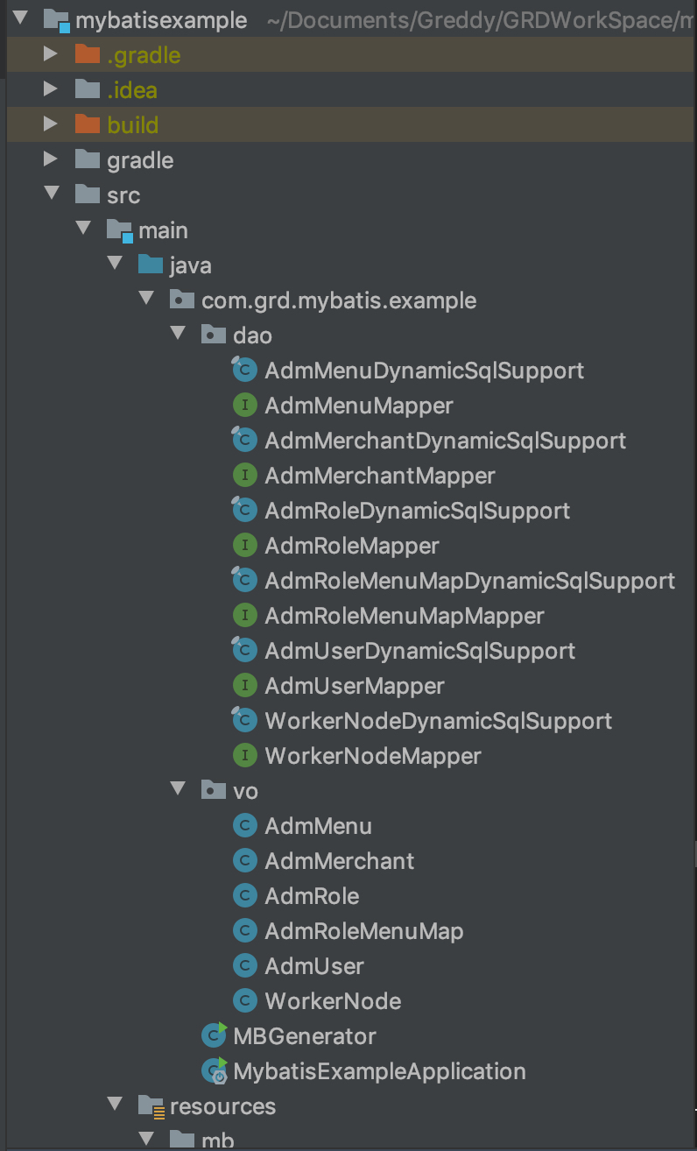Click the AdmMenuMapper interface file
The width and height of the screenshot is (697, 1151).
pyautogui.click(x=359, y=406)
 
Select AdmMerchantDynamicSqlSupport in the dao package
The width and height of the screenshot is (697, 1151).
pyautogui.click(x=445, y=441)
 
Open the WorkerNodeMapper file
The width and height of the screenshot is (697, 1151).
pyautogui.click(x=373, y=756)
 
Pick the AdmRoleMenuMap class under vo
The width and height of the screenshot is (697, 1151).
pyautogui.click(x=363, y=931)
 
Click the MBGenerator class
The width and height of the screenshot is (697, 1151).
pyautogui.click(x=304, y=1036)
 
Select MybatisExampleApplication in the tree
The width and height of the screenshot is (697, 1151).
pyautogui.click(x=379, y=1071)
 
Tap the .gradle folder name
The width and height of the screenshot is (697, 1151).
pyautogui.click(x=144, y=55)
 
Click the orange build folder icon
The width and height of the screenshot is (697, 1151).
pyautogui.click(x=87, y=124)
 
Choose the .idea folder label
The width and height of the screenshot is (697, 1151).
pyautogui.click(x=132, y=90)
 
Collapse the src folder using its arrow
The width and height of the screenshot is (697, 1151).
pyautogui.click(x=51, y=194)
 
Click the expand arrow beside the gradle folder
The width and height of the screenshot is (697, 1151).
pyautogui.click(x=51, y=160)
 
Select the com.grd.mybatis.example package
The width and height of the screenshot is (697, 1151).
pyautogui.click(x=339, y=300)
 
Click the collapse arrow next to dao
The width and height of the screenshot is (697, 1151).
pyautogui.click(x=178, y=335)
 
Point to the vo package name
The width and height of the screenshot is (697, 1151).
pyautogui.click(x=245, y=791)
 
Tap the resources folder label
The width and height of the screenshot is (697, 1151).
pyautogui.click(x=222, y=1106)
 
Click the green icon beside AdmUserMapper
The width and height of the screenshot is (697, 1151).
pyautogui.click(x=244, y=686)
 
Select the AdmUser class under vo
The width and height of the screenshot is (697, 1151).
pyautogui.click(x=314, y=966)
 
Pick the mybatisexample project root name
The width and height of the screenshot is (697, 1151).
pyautogui.click(x=161, y=20)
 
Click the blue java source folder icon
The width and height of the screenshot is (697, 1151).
pyautogui.click(x=151, y=265)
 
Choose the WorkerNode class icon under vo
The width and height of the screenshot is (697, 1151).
pyautogui.click(x=244, y=1001)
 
